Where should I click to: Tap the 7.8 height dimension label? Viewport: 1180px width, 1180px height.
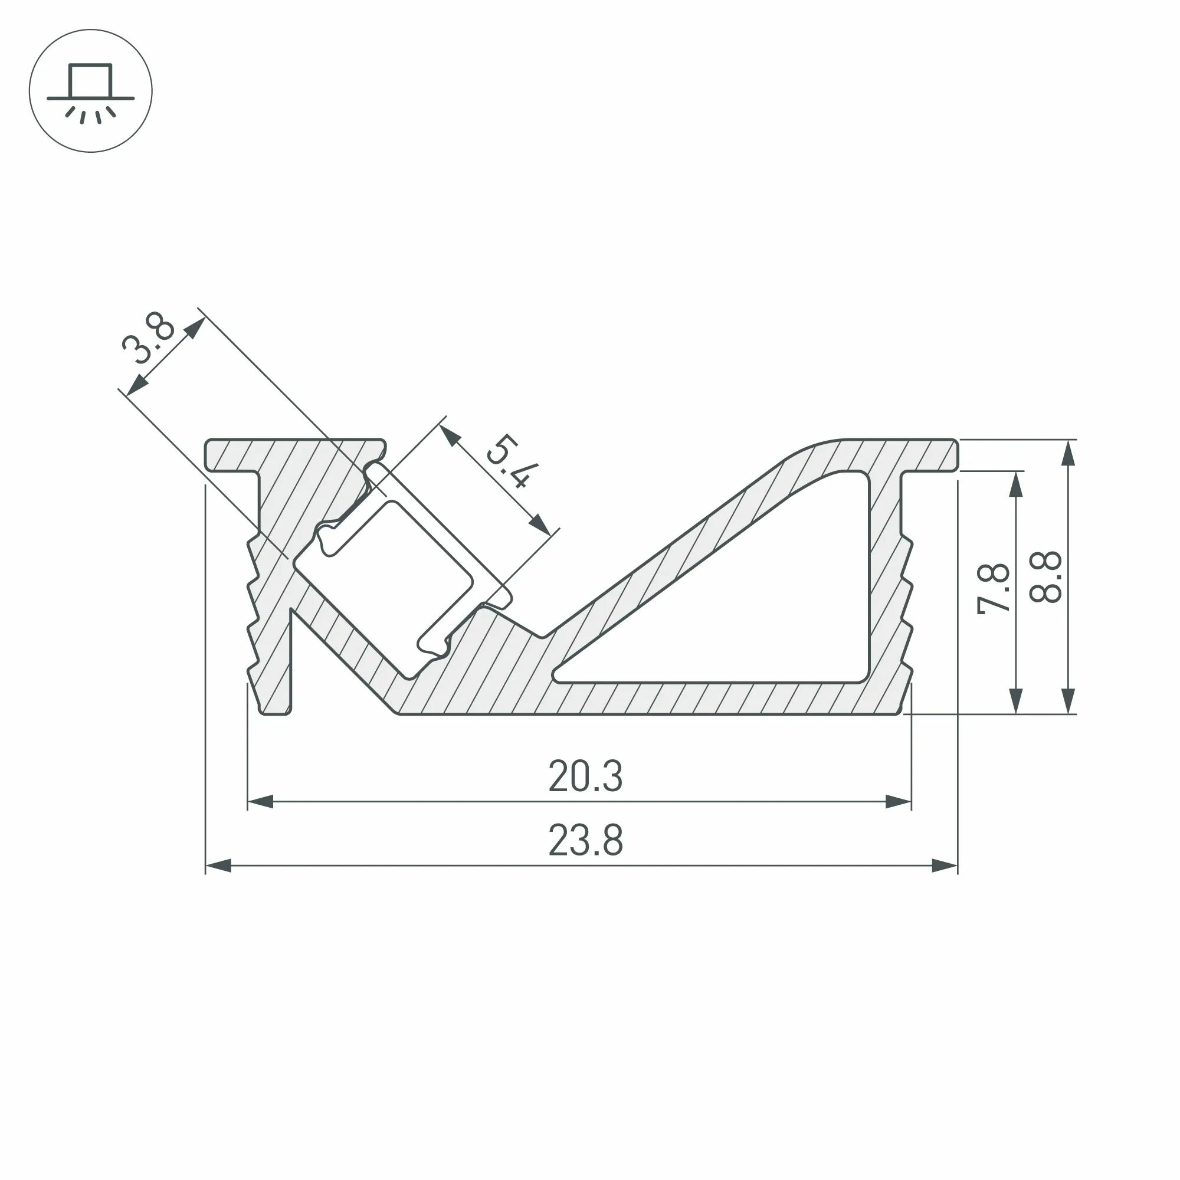[x=994, y=589]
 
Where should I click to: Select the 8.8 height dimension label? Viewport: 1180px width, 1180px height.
[x=1045, y=577]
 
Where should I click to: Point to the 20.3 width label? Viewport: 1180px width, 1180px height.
[x=585, y=776]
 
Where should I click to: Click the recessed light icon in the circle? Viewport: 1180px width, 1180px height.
[x=90, y=90]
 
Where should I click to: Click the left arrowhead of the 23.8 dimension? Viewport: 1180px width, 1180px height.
[x=218, y=865]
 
